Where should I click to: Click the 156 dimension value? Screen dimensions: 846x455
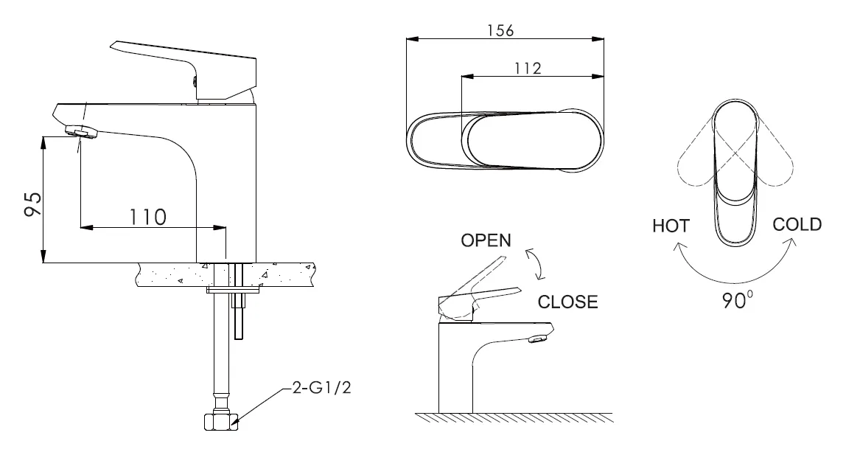[x=500, y=30]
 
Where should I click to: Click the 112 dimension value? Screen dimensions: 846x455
[x=527, y=68]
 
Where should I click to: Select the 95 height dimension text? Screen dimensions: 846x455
[x=33, y=204]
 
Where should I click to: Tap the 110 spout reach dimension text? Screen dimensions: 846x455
[x=147, y=217]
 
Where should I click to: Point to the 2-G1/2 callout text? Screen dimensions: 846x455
[x=321, y=388]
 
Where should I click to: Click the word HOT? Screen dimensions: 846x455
[x=671, y=226]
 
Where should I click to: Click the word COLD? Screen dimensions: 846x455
[x=797, y=224]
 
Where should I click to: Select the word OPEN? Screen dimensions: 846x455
[x=486, y=240]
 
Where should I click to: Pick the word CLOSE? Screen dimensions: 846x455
[x=567, y=302]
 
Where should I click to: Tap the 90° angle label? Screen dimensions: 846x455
[x=738, y=299]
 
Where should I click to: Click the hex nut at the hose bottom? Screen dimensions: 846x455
[x=220, y=421]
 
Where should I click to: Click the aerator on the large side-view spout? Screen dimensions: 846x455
[x=82, y=131]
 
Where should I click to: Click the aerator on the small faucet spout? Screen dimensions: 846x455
[x=536, y=339]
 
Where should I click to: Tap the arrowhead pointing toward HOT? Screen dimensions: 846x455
[x=677, y=247]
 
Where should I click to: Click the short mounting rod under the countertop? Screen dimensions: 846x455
[x=239, y=313]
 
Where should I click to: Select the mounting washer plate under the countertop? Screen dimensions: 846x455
[x=233, y=290]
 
